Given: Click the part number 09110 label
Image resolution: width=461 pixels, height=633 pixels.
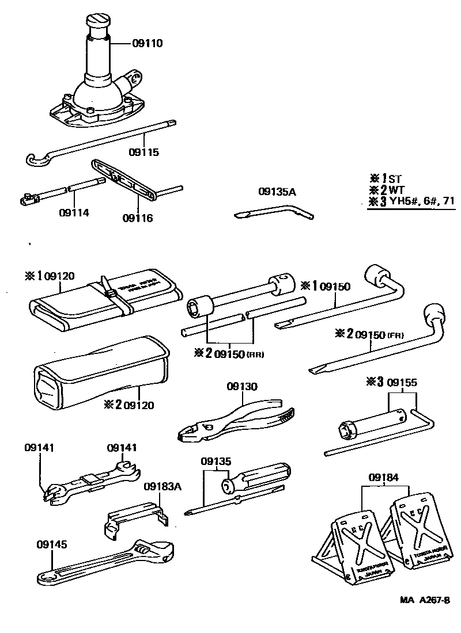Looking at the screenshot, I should pyautogui.click(x=148, y=43).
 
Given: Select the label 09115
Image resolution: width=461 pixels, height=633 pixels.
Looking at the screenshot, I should pyautogui.click(x=143, y=152).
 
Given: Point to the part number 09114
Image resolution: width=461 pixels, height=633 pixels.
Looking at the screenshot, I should pyautogui.click(x=74, y=212).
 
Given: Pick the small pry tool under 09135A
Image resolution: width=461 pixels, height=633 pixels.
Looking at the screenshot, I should pyautogui.click(x=274, y=213).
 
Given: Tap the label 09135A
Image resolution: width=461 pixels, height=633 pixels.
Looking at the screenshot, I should pyautogui.click(x=277, y=193).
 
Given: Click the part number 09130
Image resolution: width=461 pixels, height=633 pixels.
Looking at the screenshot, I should pyautogui.click(x=242, y=386).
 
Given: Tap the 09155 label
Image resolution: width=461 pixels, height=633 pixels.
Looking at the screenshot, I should pyautogui.click(x=402, y=382).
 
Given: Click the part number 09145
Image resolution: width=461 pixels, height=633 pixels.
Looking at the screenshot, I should pyautogui.click(x=52, y=544).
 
